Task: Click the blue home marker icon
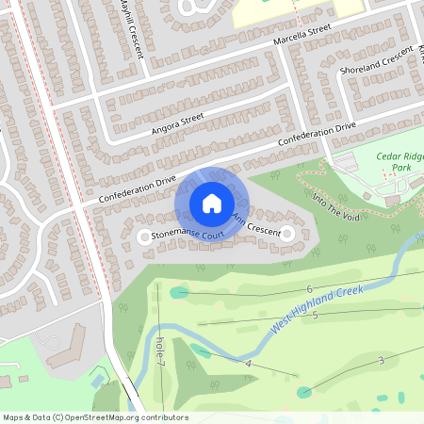click(x=211, y=204)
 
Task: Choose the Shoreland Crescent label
click(x=376, y=61)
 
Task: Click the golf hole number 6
click(x=309, y=288)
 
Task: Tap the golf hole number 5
click(x=315, y=315)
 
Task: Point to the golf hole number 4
click(x=249, y=363)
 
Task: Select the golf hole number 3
click(x=381, y=361)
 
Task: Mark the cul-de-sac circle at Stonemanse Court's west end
click(x=144, y=237)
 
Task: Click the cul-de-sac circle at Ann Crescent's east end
click(x=288, y=232)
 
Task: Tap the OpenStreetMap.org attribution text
click(x=95, y=417)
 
